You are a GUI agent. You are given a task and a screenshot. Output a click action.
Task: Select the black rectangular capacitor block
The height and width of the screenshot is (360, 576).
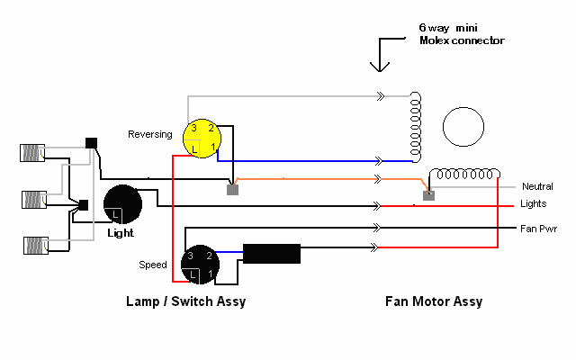pyautogui.click(x=273, y=254)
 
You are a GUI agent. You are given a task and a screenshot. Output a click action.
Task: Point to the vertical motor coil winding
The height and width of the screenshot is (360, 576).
pyautogui.click(x=415, y=127)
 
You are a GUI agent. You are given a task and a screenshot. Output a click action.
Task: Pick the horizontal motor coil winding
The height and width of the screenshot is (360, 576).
pyautogui.click(x=465, y=173)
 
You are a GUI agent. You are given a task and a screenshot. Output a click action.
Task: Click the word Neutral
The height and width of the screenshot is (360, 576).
pyautogui.click(x=536, y=186)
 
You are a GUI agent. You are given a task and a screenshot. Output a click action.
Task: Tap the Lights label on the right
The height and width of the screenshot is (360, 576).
pyautogui.click(x=533, y=204)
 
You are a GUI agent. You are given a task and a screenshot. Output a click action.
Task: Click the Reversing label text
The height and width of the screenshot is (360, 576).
pyautogui.click(x=149, y=134)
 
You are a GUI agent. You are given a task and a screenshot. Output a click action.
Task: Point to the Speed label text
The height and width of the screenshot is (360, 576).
pyautogui.click(x=152, y=265)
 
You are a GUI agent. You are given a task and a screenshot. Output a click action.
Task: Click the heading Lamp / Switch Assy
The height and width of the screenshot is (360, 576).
pyautogui.click(x=185, y=301)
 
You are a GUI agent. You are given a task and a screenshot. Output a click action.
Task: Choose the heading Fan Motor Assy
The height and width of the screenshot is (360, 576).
pyautogui.click(x=429, y=301)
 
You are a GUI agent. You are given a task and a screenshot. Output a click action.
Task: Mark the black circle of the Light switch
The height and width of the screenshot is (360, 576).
pyautogui.click(x=123, y=204)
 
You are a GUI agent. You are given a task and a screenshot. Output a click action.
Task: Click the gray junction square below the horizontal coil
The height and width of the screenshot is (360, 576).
pyautogui.click(x=429, y=194)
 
